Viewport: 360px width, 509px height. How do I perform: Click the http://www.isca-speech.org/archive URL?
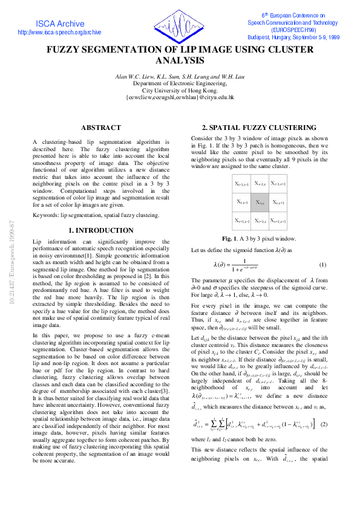pyautogui.click(x=60, y=33)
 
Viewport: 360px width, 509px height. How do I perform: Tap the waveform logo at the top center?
pyautogui.click(x=180, y=26)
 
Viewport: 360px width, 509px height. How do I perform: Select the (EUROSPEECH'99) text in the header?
pyautogui.click(x=293, y=29)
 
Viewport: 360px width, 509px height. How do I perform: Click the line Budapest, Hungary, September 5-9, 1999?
pyautogui.click(x=293, y=36)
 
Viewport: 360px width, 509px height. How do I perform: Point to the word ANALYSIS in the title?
pyautogui.click(x=180, y=61)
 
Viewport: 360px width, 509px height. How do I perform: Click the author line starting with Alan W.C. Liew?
pyautogui.click(x=179, y=76)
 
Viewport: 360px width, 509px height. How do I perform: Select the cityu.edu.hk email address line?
pyautogui.click(x=179, y=97)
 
